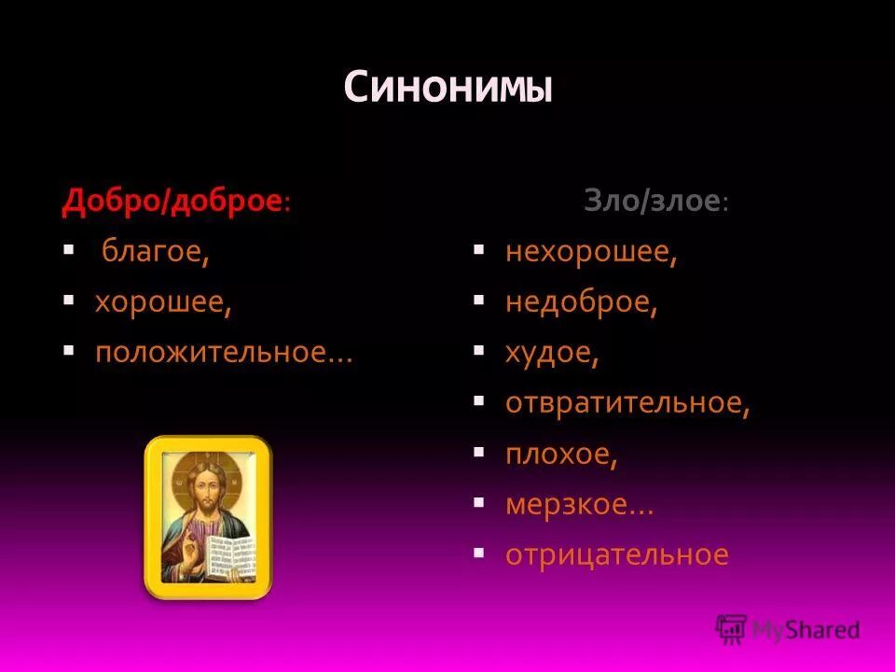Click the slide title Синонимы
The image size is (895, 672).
coord(447,88)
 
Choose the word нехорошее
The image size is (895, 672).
coord(591,253)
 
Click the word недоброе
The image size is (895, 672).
coord(581,303)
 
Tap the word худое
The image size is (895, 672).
coord(551,354)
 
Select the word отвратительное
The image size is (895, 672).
coord(627,404)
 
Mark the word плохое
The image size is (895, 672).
coord(561,455)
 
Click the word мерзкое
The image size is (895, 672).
coord(578,505)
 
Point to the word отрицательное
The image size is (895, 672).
coord(616,555)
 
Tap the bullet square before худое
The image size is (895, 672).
coord(478,351)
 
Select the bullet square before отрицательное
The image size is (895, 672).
coord(478,553)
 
